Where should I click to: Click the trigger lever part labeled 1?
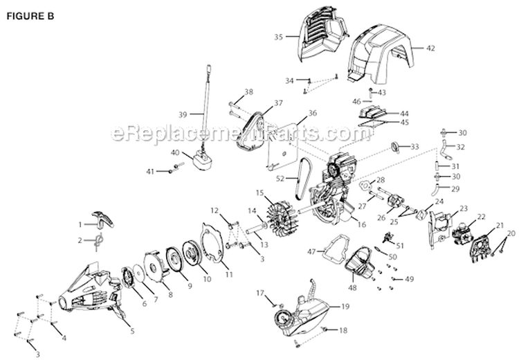[x=104, y=218]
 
